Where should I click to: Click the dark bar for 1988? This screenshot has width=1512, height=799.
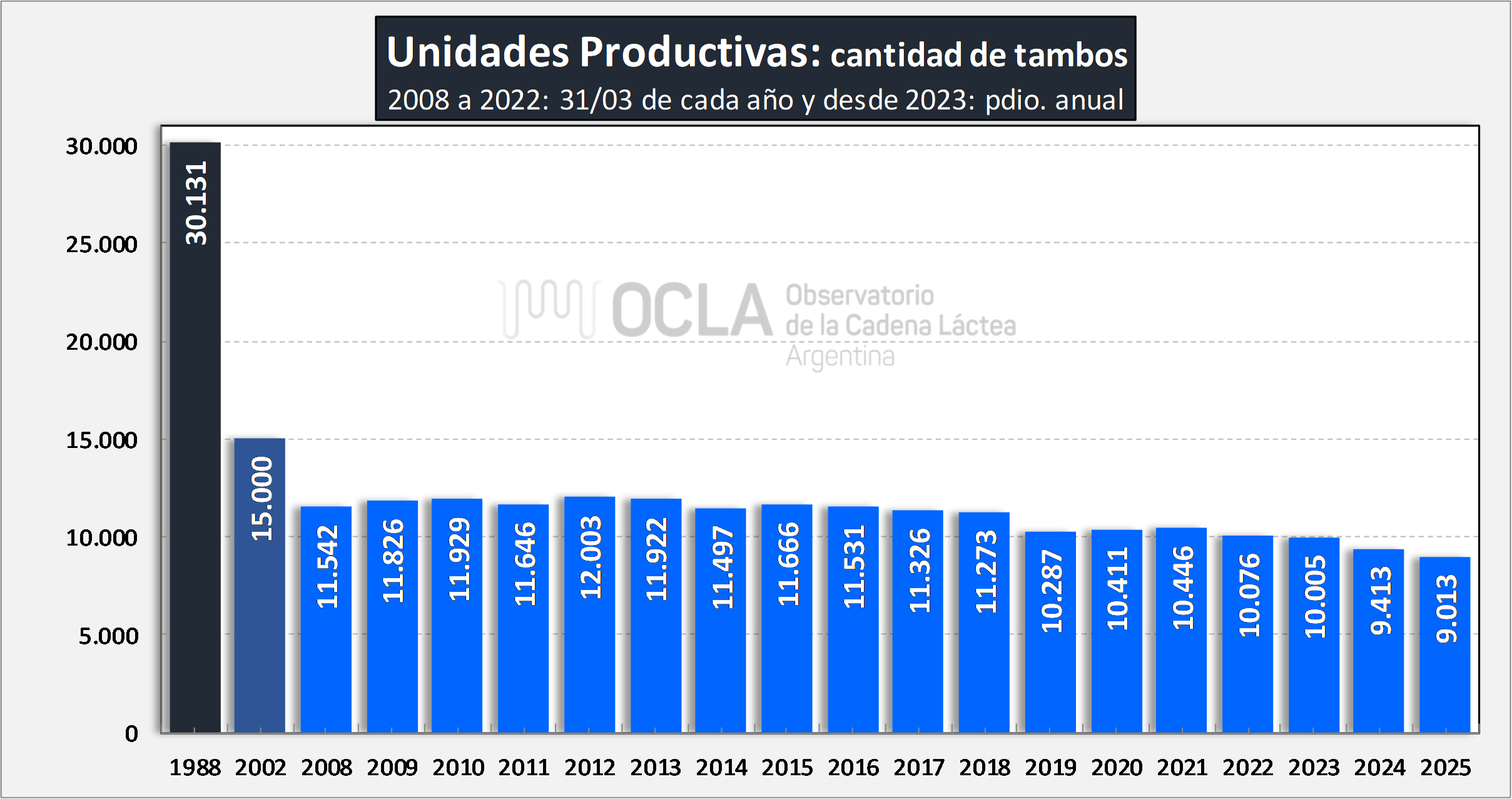point(195,438)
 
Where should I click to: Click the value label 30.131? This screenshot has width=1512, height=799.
point(196,203)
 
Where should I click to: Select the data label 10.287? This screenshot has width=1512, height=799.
point(1052,591)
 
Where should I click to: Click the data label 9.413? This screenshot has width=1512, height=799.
point(1381,601)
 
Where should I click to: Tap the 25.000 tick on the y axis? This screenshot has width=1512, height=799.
point(101,244)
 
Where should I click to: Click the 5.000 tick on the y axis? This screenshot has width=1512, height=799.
point(108,636)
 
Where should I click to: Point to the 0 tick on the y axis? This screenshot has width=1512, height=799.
point(131,733)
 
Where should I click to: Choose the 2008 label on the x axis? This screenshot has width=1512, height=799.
point(327,767)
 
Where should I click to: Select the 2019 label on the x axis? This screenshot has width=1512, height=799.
point(1050,767)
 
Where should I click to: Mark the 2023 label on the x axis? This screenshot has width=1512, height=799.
point(1314,767)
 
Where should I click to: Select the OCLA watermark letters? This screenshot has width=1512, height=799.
point(692,310)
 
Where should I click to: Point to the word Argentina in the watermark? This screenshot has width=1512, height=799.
point(840,357)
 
